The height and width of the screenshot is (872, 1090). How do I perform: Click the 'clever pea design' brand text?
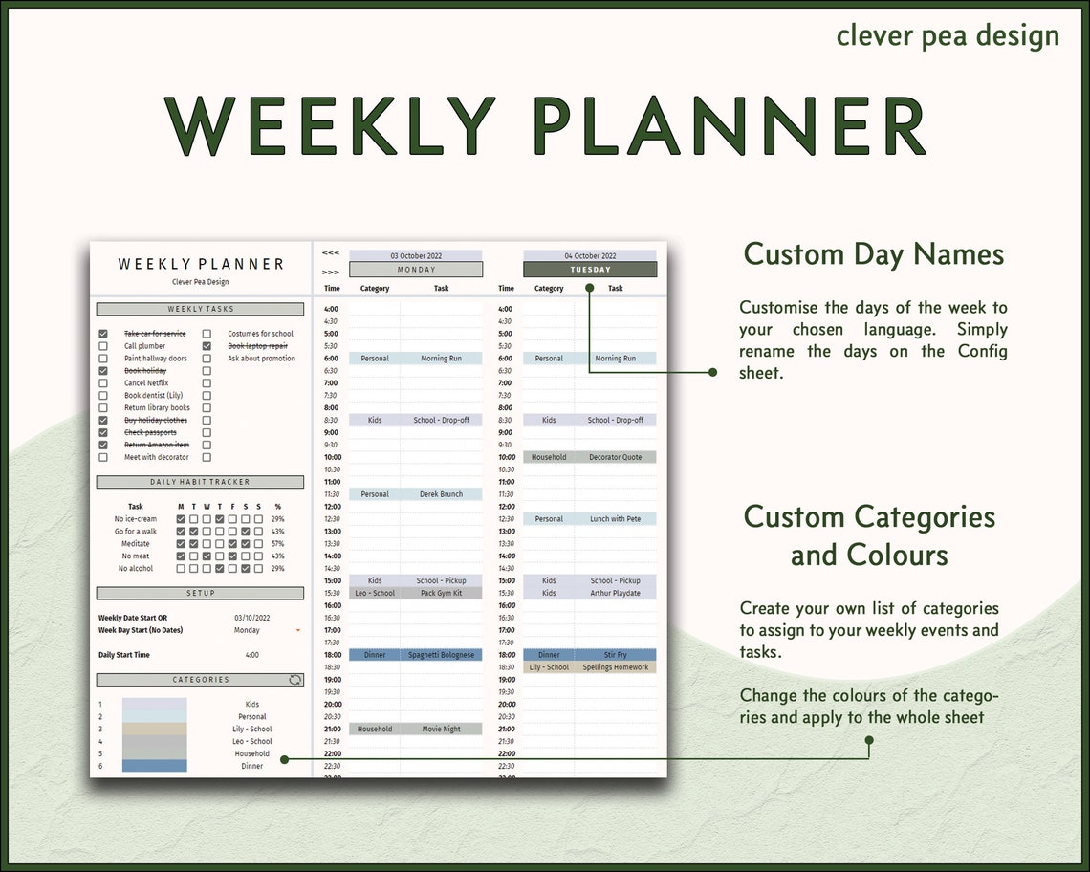pos(948,35)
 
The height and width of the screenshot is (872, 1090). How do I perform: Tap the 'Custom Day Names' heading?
pos(873,254)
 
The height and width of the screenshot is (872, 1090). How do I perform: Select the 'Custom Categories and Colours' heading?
pos(869,535)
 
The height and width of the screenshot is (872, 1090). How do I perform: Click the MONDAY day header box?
pos(416,270)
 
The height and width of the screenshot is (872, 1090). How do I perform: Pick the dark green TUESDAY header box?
pos(590,270)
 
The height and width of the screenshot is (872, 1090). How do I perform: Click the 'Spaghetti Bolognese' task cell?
pos(441,655)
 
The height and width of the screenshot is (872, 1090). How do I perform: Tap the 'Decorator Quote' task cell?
pos(615,457)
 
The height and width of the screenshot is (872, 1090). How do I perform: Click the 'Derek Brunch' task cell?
pos(441,494)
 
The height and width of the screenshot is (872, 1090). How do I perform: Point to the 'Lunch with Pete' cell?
pos(615,519)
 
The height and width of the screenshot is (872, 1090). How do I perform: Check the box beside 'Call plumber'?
pos(103,346)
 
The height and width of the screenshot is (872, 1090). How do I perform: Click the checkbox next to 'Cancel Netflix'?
pos(103,383)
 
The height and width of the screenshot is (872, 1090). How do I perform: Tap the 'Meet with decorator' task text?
pos(157,457)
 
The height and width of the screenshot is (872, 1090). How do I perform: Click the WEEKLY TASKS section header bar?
pos(200,309)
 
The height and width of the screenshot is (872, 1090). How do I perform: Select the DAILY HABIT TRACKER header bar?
pos(200,482)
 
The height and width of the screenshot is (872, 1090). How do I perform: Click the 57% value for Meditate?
pos(277,544)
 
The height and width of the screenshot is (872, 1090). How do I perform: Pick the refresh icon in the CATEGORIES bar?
pos(295,680)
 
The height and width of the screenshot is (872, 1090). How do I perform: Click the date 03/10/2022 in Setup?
pos(252,618)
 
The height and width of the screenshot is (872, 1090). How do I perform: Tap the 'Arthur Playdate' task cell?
pos(615,593)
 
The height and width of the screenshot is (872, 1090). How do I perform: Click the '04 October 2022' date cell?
pos(590,255)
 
